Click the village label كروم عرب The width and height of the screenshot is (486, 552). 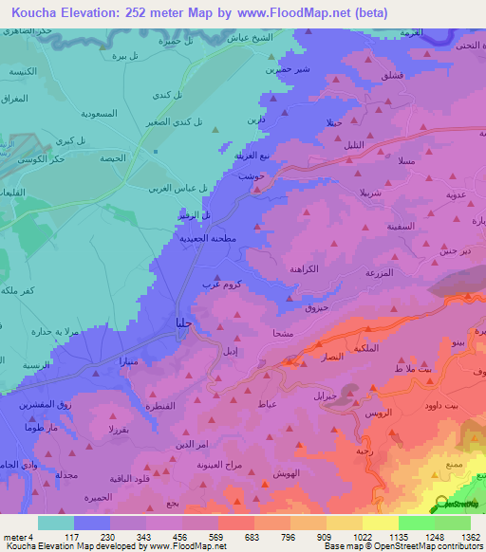215,283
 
